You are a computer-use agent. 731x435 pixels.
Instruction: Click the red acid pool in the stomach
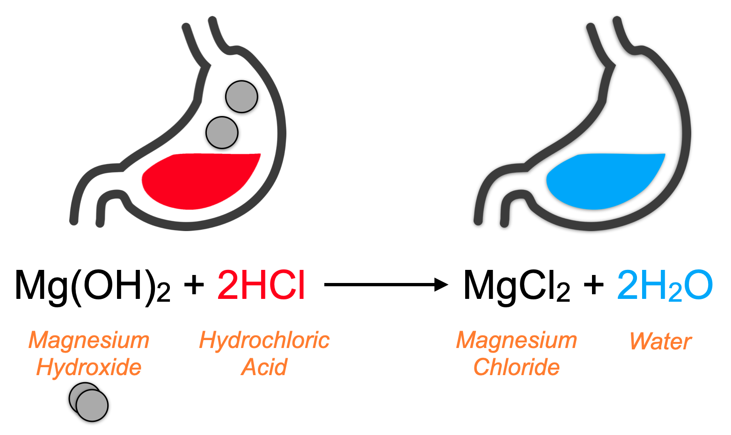click(199, 180)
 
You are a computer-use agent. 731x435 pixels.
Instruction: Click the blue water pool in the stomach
click(604, 180)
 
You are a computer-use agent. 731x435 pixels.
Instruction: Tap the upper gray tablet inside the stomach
click(241, 96)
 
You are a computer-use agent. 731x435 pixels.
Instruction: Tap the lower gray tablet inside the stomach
click(222, 132)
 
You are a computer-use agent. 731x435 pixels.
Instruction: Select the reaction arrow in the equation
click(386, 284)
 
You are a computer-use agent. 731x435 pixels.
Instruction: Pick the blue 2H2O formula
click(665, 285)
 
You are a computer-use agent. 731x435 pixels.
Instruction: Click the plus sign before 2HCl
click(194, 284)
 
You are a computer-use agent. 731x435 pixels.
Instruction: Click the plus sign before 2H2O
click(594, 284)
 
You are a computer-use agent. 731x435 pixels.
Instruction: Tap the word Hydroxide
click(89, 367)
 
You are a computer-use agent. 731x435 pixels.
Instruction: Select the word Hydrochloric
click(264, 340)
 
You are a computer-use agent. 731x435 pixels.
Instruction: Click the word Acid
click(264, 367)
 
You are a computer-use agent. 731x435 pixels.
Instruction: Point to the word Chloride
click(516, 367)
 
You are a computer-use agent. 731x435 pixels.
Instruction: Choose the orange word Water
click(660, 341)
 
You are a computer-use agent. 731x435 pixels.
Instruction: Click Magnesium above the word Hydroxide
click(89, 340)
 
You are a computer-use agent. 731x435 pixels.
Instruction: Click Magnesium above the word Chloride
click(516, 340)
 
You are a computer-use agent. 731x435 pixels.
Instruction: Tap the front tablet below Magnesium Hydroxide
click(93, 405)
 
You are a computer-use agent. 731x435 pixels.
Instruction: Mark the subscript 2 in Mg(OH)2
click(163, 294)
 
